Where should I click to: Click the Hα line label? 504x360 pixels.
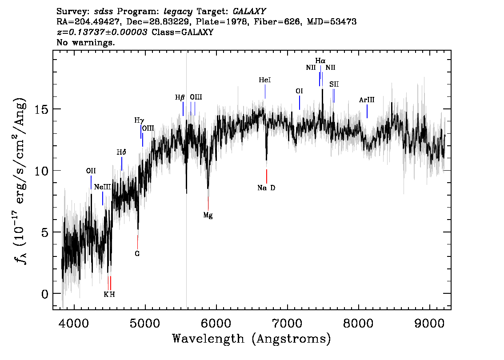point(320,61)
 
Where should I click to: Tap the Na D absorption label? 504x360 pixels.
point(267,188)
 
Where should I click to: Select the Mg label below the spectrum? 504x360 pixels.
point(208,216)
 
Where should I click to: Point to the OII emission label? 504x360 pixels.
point(91,171)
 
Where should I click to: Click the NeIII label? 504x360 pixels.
point(102,187)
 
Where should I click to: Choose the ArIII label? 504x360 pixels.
point(367,100)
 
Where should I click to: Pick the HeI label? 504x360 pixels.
point(265,80)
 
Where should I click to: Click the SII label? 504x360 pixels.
point(334,84)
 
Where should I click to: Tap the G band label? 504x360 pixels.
point(137,254)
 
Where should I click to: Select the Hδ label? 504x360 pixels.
point(121,152)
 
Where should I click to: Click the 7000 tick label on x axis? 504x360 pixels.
point(287,323)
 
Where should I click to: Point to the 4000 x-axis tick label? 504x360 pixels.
point(74,323)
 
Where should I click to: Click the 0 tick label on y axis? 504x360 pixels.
point(45,294)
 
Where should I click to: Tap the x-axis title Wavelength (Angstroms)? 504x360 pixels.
point(252,339)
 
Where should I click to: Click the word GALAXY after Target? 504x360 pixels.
point(249,12)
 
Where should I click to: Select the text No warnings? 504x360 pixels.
point(85,42)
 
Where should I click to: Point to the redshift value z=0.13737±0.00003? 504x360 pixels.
point(102,32)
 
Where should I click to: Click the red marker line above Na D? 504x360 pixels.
point(267,176)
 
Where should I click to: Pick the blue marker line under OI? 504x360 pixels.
point(300,103)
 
